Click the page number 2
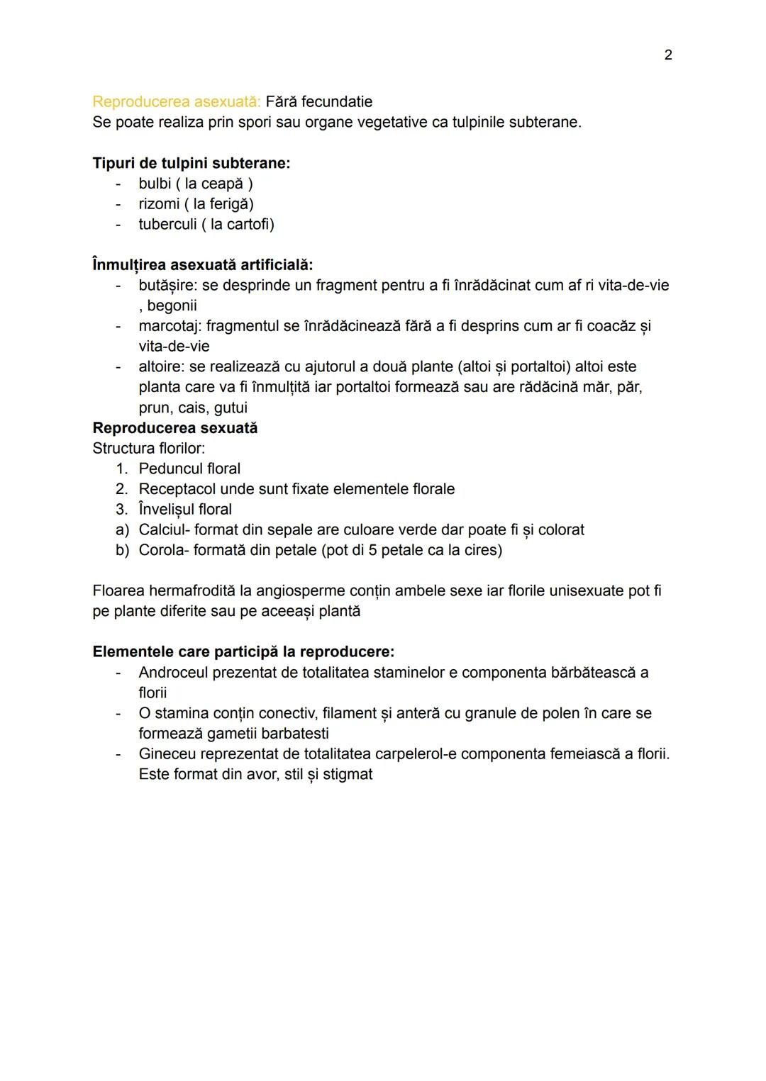(667, 55)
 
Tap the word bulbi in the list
(155, 184)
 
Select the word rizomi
(159, 204)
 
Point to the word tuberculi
(167, 225)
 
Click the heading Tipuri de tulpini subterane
(191, 163)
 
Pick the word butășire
(167, 286)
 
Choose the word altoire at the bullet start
(161, 367)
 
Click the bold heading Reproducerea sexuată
(175, 428)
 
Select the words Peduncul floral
(189, 469)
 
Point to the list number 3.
(122, 510)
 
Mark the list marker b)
(122, 551)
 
